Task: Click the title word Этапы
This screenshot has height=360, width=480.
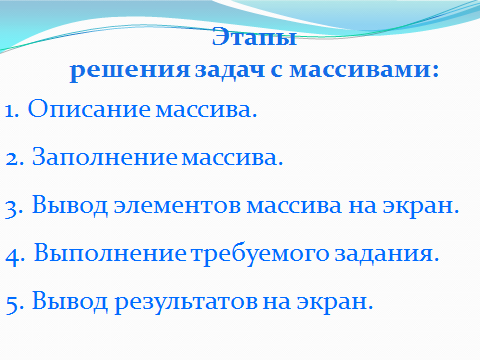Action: click(x=254, y=37)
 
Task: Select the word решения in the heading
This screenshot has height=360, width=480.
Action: click(x=130, y=71)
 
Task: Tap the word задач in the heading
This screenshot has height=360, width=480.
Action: click(x=230, y=71)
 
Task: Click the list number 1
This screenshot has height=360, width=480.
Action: click(x=11, y=111)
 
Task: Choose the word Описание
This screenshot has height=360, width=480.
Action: click(x=89, y=108)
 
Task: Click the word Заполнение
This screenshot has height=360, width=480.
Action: click(x=104, y=157)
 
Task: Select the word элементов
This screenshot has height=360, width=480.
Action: click(x=177, y=206)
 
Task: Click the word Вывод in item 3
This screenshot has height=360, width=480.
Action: click(x=70, y=205)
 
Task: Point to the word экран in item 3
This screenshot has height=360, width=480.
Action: click(x=421, y=207)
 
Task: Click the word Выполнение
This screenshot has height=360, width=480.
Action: click(x=110, y=253)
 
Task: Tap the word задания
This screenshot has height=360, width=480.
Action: click(x=387, y=254)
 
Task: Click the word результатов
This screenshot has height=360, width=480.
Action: click(x=186, y=303)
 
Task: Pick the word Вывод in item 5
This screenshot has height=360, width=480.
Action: click(x=70, y=301)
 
